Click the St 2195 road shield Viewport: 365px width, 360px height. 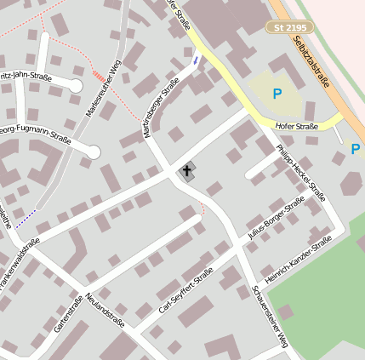pyautogui.click(x=290, y=28)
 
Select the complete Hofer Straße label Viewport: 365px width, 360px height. pyautogui.click(x=296, y=126)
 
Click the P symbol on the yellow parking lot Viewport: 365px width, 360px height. pyautogui.click(x=277, y=94)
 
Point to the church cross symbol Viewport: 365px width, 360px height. pyautogui.click(x=186, y=171)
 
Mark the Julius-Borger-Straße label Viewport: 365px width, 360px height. pyautogui.click(x=274, y=219)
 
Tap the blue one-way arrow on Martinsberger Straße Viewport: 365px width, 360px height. pyautogui.click(x=197, y=60)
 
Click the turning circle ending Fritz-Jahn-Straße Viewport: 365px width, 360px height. pyautogui.click(x=75, y=86)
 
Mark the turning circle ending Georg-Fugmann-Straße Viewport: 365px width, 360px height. pyautogui.click(x=94, y=153)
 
